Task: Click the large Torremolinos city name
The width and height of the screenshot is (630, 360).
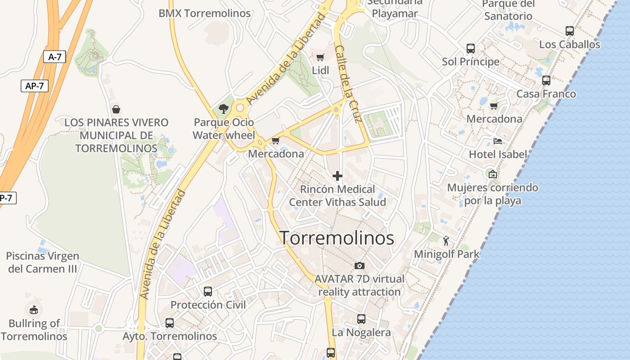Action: click(x=337, y=238)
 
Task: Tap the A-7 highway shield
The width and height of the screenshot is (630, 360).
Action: click(x=55, y=57)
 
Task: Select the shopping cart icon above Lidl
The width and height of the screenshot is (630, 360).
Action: click(x=320, y=57)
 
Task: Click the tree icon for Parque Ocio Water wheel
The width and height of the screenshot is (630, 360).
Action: click(x=223, y=108)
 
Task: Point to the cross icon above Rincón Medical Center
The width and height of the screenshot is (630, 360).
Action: click(x=337, y=176)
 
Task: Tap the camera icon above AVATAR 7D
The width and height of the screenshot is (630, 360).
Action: click(x=359, y=265)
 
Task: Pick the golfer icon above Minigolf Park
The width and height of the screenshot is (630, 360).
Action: click(x=446, y=241)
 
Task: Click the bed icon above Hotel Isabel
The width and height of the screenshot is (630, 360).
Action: click(x=497, y=141)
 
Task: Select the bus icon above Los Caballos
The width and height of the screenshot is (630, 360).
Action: click(x=569, y=31)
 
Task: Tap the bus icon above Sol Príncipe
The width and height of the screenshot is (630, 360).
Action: click(x=470, y=48)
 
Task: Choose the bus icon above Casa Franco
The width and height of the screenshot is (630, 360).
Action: click(x=546, y=81)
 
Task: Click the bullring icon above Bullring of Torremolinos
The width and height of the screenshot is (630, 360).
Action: click(x=34, y=310)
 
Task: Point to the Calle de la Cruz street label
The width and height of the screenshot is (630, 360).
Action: click(x=349, y=84)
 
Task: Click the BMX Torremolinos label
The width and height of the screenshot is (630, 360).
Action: click(x=204, y=13)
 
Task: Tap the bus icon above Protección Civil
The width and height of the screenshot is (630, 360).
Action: click(x=207, y=291)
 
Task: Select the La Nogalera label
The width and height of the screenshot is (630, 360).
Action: click(x=361, y=333)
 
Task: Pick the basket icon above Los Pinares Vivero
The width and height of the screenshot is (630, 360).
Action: click(x=116, y=109)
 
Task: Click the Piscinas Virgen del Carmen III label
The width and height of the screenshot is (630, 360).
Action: click(x=43, y=262)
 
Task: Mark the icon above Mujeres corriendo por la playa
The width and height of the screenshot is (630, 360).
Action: click(x=493, y=174)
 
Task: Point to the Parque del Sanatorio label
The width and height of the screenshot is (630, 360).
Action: click(x=508, y=10)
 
